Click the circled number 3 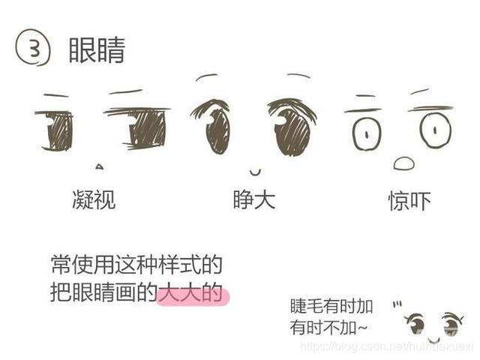point(33,50)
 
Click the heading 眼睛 point(97,50)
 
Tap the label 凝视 point(94,199)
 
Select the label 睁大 point(254,199)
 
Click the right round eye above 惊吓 point(435,130)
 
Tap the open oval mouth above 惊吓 point(403,163)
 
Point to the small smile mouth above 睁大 point(255,172)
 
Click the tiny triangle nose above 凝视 point(99,166)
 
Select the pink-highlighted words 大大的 point(191,294)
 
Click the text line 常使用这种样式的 point(136,265)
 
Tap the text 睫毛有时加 point(331,307)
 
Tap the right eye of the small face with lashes point(450,324)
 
